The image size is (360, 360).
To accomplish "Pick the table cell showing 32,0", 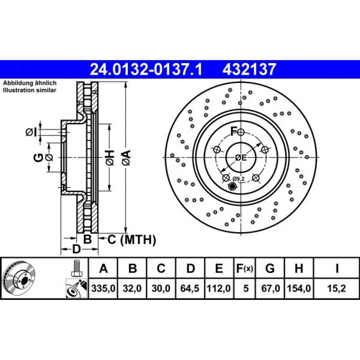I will (x=132, y=289).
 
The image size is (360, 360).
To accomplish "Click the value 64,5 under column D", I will (x=191, y=289).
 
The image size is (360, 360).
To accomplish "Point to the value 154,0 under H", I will (x=299, y=289).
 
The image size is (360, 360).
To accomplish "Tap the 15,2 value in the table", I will (x=337, y=289).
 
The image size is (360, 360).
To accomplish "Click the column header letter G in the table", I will (x=270, y=269).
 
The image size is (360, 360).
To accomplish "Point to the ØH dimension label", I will (x=110, y=157).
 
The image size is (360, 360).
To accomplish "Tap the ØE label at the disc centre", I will (x=240, y=157).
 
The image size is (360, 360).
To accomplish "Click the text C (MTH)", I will (x=131, y=239).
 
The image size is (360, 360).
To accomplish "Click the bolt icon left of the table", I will (x=76, y=268).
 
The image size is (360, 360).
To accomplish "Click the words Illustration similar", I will (x=30, y=90).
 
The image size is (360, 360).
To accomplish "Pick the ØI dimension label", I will (x=31, y=132).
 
